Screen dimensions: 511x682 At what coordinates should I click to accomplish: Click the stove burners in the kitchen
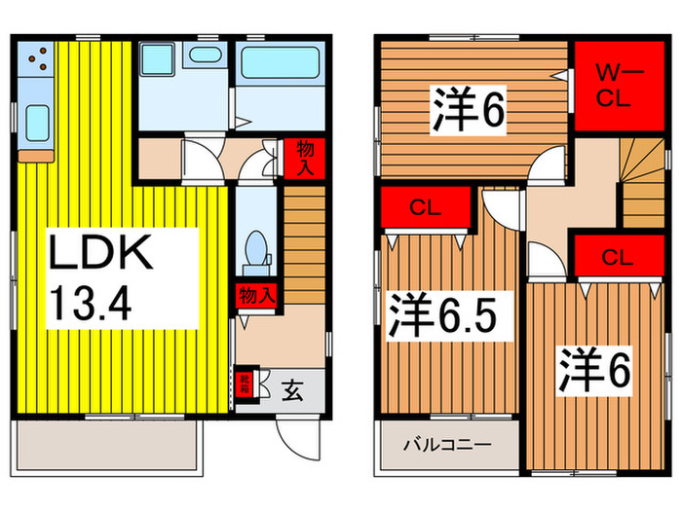(40, 63)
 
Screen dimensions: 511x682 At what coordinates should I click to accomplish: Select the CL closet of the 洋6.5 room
(424, 206)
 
